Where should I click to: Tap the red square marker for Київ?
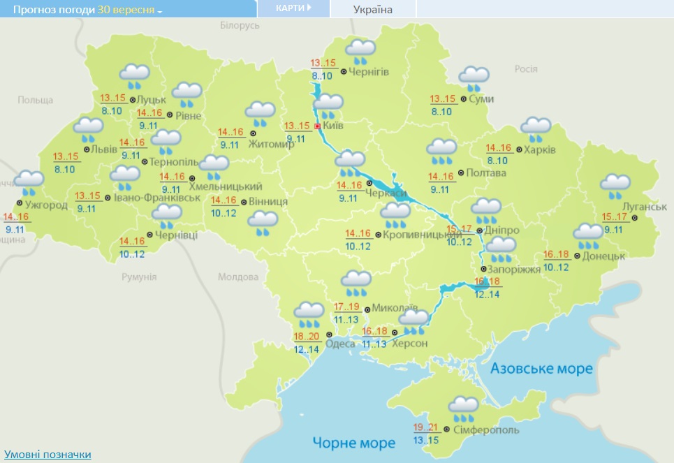click(317, 126)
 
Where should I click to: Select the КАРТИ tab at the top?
click(293, 8)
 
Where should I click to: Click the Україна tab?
click(373, 9)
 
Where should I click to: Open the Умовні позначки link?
click(47, 454)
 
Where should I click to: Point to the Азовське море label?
click(541, 368)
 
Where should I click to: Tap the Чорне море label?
click(354, 442)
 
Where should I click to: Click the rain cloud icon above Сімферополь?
click(464, 407)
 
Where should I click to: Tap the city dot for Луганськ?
click(635, 218)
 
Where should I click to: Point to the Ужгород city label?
click(46, 205)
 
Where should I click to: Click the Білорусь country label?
click(240, 25)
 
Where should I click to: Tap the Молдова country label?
click(238, 277)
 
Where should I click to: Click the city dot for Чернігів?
click(344, 71)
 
